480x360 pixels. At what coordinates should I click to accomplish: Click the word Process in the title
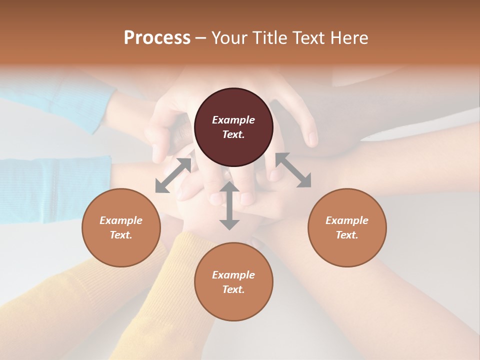pyautogui.click(x=157, y=38)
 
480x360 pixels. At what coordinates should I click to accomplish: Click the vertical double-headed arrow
pyautogui.click(x=229, y=205)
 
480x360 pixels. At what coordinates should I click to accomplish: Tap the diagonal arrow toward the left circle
pyautogui.click(x=173, y=175)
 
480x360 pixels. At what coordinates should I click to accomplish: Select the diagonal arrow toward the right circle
pyautogui.click(x=293, y=170)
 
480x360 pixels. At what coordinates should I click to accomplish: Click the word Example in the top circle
pyautogui.click(x=233, y=120)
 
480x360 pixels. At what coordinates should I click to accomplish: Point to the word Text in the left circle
pyautogui.click(x=121, y=235)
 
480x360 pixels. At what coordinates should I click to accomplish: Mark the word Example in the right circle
pyautogui.click(x=347, y=220)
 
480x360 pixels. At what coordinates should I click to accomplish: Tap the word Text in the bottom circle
pyautogui.click(x=233, y=289)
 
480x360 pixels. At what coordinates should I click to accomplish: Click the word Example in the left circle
pyautogui.click(x=121, y=220)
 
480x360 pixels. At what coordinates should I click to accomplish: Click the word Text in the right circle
pyautogui.click(x=347, y=235)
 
